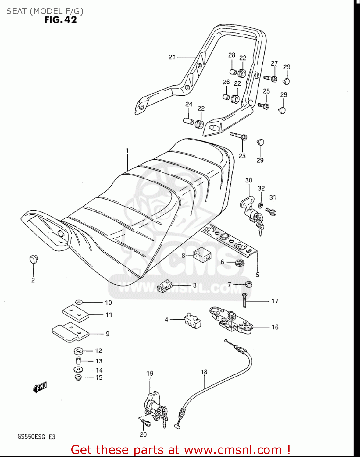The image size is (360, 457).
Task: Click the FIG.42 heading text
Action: (x=61, y=20)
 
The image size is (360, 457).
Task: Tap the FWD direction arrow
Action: (x=40, y=387)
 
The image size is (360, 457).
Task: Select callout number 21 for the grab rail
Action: (x=172, y=57)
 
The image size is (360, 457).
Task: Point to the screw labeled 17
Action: (x=244, y=301)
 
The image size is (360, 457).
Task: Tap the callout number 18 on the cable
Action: (x=204, y=372)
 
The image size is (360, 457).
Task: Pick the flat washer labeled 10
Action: (x=79, y=302)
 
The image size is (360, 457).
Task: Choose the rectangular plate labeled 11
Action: (x=76, y=313)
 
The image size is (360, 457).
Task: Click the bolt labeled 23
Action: (x=238, y=136)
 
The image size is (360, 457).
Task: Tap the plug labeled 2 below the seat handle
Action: (x=33, y=259)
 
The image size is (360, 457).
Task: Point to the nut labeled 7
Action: (x=248, y=285)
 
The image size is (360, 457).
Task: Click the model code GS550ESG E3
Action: (x=36, y=437)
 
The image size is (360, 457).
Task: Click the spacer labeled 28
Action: (x=233, y=72)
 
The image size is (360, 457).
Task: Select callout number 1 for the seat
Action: (x=127, y=151)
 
